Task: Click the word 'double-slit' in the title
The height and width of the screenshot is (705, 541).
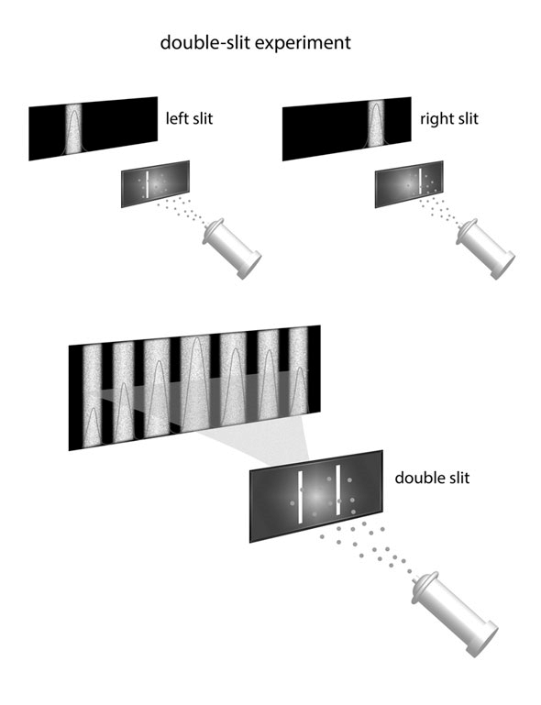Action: [x=206, y=42]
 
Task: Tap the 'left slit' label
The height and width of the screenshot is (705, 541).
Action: [x=189, y=118]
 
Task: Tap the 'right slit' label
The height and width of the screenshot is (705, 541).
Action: [x=448, y=118]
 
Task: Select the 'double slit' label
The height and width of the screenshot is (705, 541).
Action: [x=432, y=477]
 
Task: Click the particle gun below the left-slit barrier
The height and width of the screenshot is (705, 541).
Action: [x=232, y=248]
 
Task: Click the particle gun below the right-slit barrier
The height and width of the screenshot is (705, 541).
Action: [x=486, y=248]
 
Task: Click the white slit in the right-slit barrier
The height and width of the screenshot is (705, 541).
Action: [x=420, y=182]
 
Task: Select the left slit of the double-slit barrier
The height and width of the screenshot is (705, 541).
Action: [x=300, y=497]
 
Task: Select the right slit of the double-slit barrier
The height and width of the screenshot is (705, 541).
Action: [x=337, y=490]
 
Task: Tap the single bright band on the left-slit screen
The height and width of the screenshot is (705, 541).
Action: [x=74, y=128]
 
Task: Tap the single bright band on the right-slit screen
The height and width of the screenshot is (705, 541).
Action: [x=376, y=124]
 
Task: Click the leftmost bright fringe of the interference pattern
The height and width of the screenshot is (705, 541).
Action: [x=93, y=396]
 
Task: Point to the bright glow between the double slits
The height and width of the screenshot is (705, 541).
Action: [x=316, y=494]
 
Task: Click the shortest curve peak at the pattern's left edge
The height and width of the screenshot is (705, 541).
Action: [x=93, y=426]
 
